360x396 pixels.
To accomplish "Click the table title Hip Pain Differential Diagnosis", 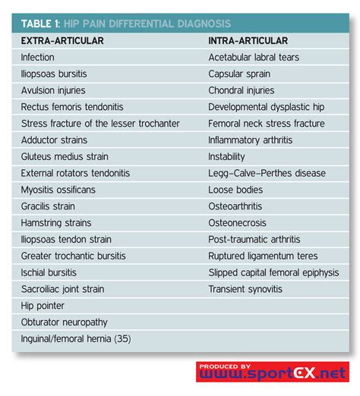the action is coord(125,24).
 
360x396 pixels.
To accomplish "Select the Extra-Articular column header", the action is coord(62,40).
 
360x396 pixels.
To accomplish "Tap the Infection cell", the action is coord(38,57).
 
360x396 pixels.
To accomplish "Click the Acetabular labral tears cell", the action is coord(254,57).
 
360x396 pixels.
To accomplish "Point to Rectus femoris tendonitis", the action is coord(72,107).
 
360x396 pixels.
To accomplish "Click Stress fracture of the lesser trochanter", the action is coord(100,124).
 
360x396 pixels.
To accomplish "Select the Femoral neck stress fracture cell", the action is coord(266,124).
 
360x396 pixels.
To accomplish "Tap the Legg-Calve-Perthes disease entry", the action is coord(267,173).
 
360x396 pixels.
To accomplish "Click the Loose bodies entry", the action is coord(235,190).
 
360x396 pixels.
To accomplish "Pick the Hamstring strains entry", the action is coord(56,223).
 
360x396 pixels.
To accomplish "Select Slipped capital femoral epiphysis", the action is coord(273,272).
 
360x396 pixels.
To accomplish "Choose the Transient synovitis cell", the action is coord(245,289).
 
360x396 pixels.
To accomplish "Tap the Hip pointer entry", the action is coord(43,306).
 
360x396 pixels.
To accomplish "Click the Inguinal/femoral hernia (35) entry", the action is coord(76,339).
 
